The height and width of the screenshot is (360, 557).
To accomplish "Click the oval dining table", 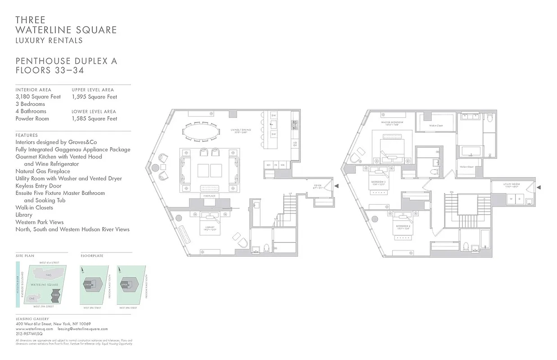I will tap(202, 132).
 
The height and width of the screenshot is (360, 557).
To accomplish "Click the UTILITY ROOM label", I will tap(512, 184).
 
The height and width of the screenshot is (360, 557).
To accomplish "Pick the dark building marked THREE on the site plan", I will tap(55, 297).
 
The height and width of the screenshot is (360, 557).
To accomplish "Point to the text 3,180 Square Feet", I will tap(38, 97).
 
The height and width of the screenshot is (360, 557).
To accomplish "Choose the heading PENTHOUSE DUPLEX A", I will tap(66, 61).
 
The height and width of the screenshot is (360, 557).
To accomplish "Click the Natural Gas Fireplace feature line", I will tap(43, 171).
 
